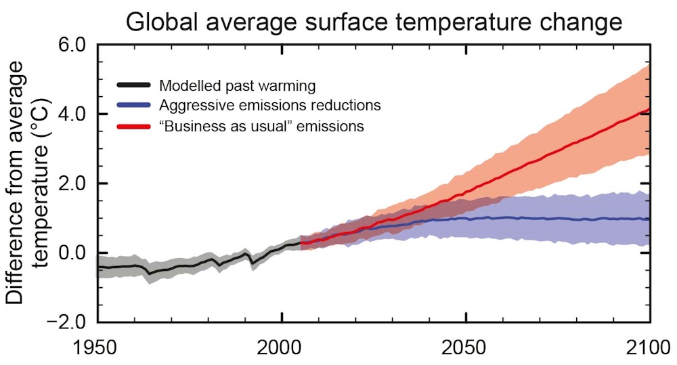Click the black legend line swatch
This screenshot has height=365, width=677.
coord(134,85)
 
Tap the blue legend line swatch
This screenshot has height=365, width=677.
coord(134,106)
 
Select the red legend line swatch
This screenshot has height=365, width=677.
coord(134,126)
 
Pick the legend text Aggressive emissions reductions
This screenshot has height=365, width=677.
coord(269,106)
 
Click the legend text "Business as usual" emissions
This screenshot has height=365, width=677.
coord(261,126)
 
